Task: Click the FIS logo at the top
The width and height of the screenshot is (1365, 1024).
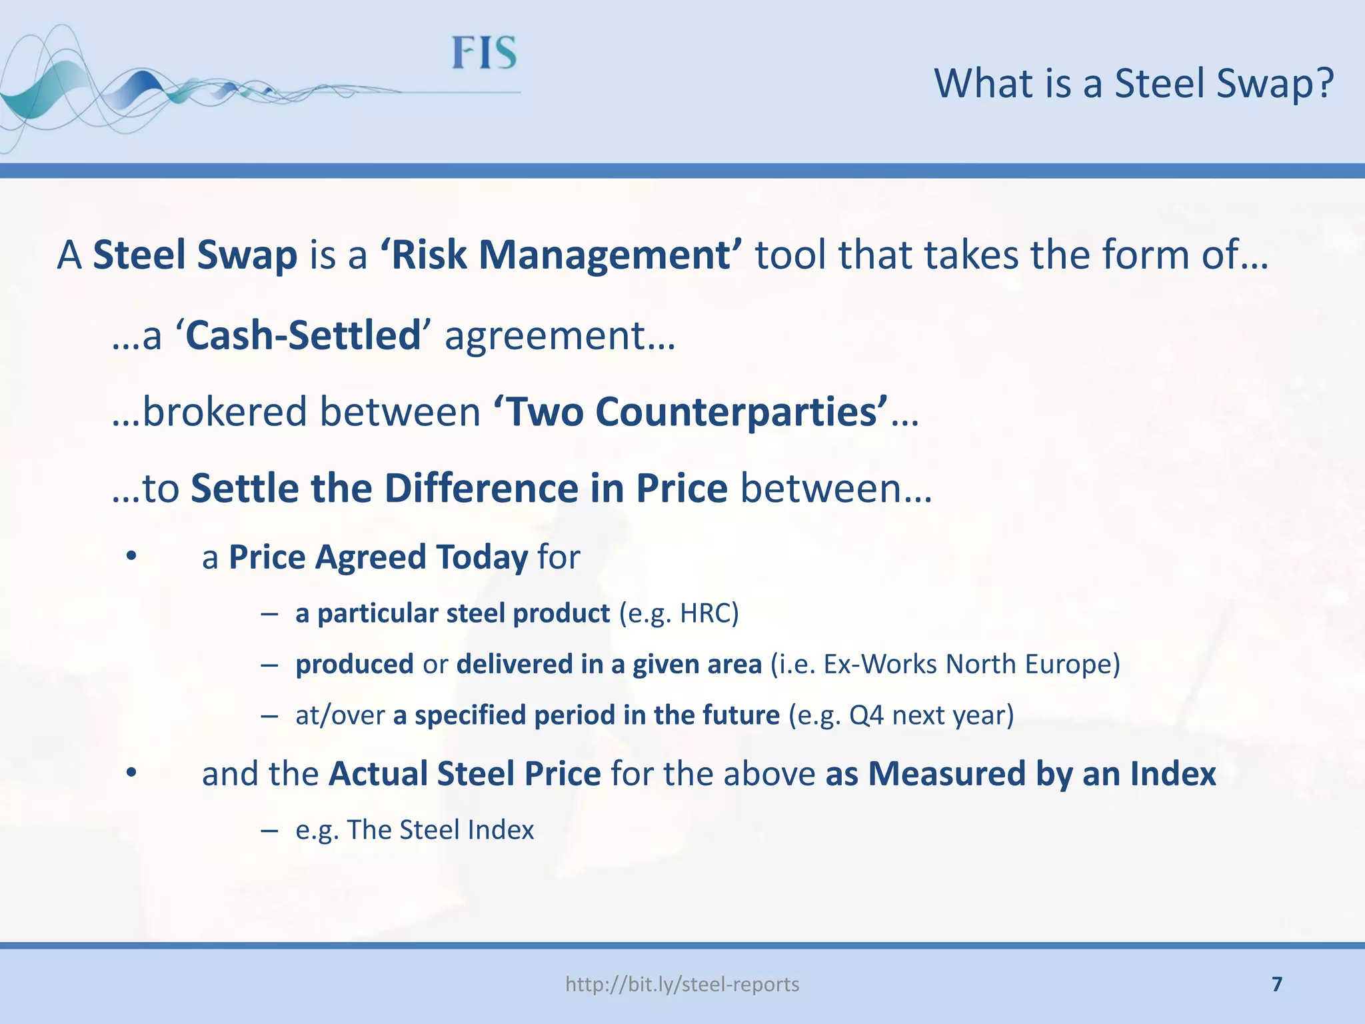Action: [x=484, y=53]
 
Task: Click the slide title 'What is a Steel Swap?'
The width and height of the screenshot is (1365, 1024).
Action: [x=1134, y=84]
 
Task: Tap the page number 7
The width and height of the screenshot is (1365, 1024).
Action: [x=1277, y=984]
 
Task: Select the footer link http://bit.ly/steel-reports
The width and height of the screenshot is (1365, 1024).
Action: [x=682, y=984]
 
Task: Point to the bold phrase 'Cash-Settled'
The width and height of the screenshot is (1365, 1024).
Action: [x=303, y=335]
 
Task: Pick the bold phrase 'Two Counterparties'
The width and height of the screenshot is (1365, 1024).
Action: [x=690, y=412]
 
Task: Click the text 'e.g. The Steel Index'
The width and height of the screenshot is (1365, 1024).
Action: [x=415, y=830]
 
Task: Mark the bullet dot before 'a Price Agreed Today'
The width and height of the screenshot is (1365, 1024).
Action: [x=131, y=556]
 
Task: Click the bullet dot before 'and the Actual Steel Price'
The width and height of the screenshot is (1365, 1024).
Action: [x=131, y=773]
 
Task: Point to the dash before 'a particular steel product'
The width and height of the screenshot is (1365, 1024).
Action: [x=269, y=613]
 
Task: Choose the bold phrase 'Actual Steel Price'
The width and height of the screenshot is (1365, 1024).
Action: [x=465, y=774]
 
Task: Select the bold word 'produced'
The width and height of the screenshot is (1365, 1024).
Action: [x=355, y=664]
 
